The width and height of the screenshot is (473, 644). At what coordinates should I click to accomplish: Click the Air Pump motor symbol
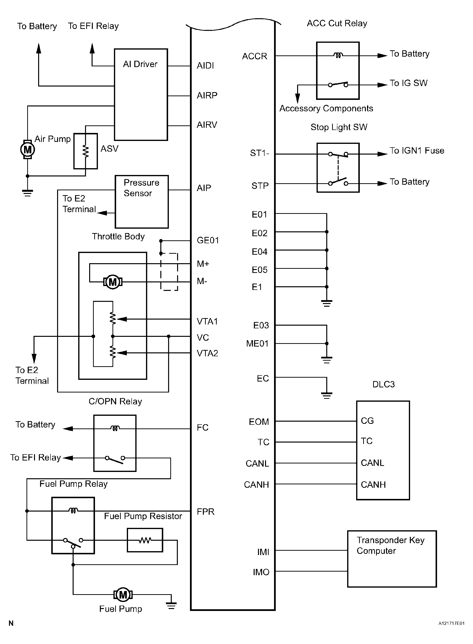pyautogui.click(x=27, y=149)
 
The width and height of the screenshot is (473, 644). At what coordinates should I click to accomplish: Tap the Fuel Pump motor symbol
pyautogui.click(x=123, y=595)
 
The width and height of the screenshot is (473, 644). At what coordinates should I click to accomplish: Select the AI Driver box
pyautogui.click(x=141, y=95)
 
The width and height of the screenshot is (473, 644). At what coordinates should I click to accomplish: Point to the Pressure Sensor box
pyautogui.click(x=141, y=202)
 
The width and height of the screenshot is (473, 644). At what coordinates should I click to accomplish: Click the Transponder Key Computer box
pyautogui.click(x=392, y=559)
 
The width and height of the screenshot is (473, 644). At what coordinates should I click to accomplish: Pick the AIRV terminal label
pyautogui.click(x=207, y=125)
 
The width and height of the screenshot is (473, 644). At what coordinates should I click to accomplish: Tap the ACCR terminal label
pyautogui.click(x=255, y=56)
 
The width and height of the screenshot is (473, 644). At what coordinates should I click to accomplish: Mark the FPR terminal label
pyautogui.click(x=206, y=511)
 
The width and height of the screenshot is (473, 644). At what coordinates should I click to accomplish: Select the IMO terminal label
pyautogui.click(x=261, y=572)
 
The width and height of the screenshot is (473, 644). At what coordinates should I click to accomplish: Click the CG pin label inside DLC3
pyautogui.click(x=367, y=421)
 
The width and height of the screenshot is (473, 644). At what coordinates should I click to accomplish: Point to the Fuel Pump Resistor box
pyautogui.click(x=145, y=540)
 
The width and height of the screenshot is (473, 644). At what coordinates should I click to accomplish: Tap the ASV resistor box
pyautogui.click(x=86, y=151)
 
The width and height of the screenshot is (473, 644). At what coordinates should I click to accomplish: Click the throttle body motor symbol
pyautogui.click(x=113, y=282)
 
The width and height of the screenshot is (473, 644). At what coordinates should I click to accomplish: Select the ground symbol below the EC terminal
pyautogui.click(x=327, y=395)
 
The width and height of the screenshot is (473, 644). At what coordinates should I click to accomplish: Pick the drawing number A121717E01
pyautogui.click(x=451, y=623)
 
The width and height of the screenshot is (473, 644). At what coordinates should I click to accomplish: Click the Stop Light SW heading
pyautogui.click(x=339, y=127)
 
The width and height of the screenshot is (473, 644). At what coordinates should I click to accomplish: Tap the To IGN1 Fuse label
pyautogui.click(x=417, y=151)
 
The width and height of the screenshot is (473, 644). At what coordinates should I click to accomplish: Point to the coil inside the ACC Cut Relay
pyautogui.click(x=338, y=55)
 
